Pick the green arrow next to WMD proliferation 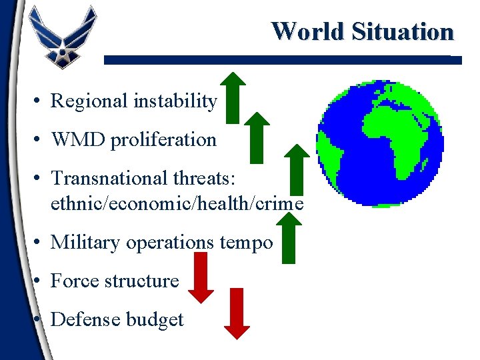(257, 137)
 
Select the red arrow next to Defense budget (237, 313)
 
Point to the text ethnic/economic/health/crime (177, 203)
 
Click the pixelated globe (380, 143)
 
